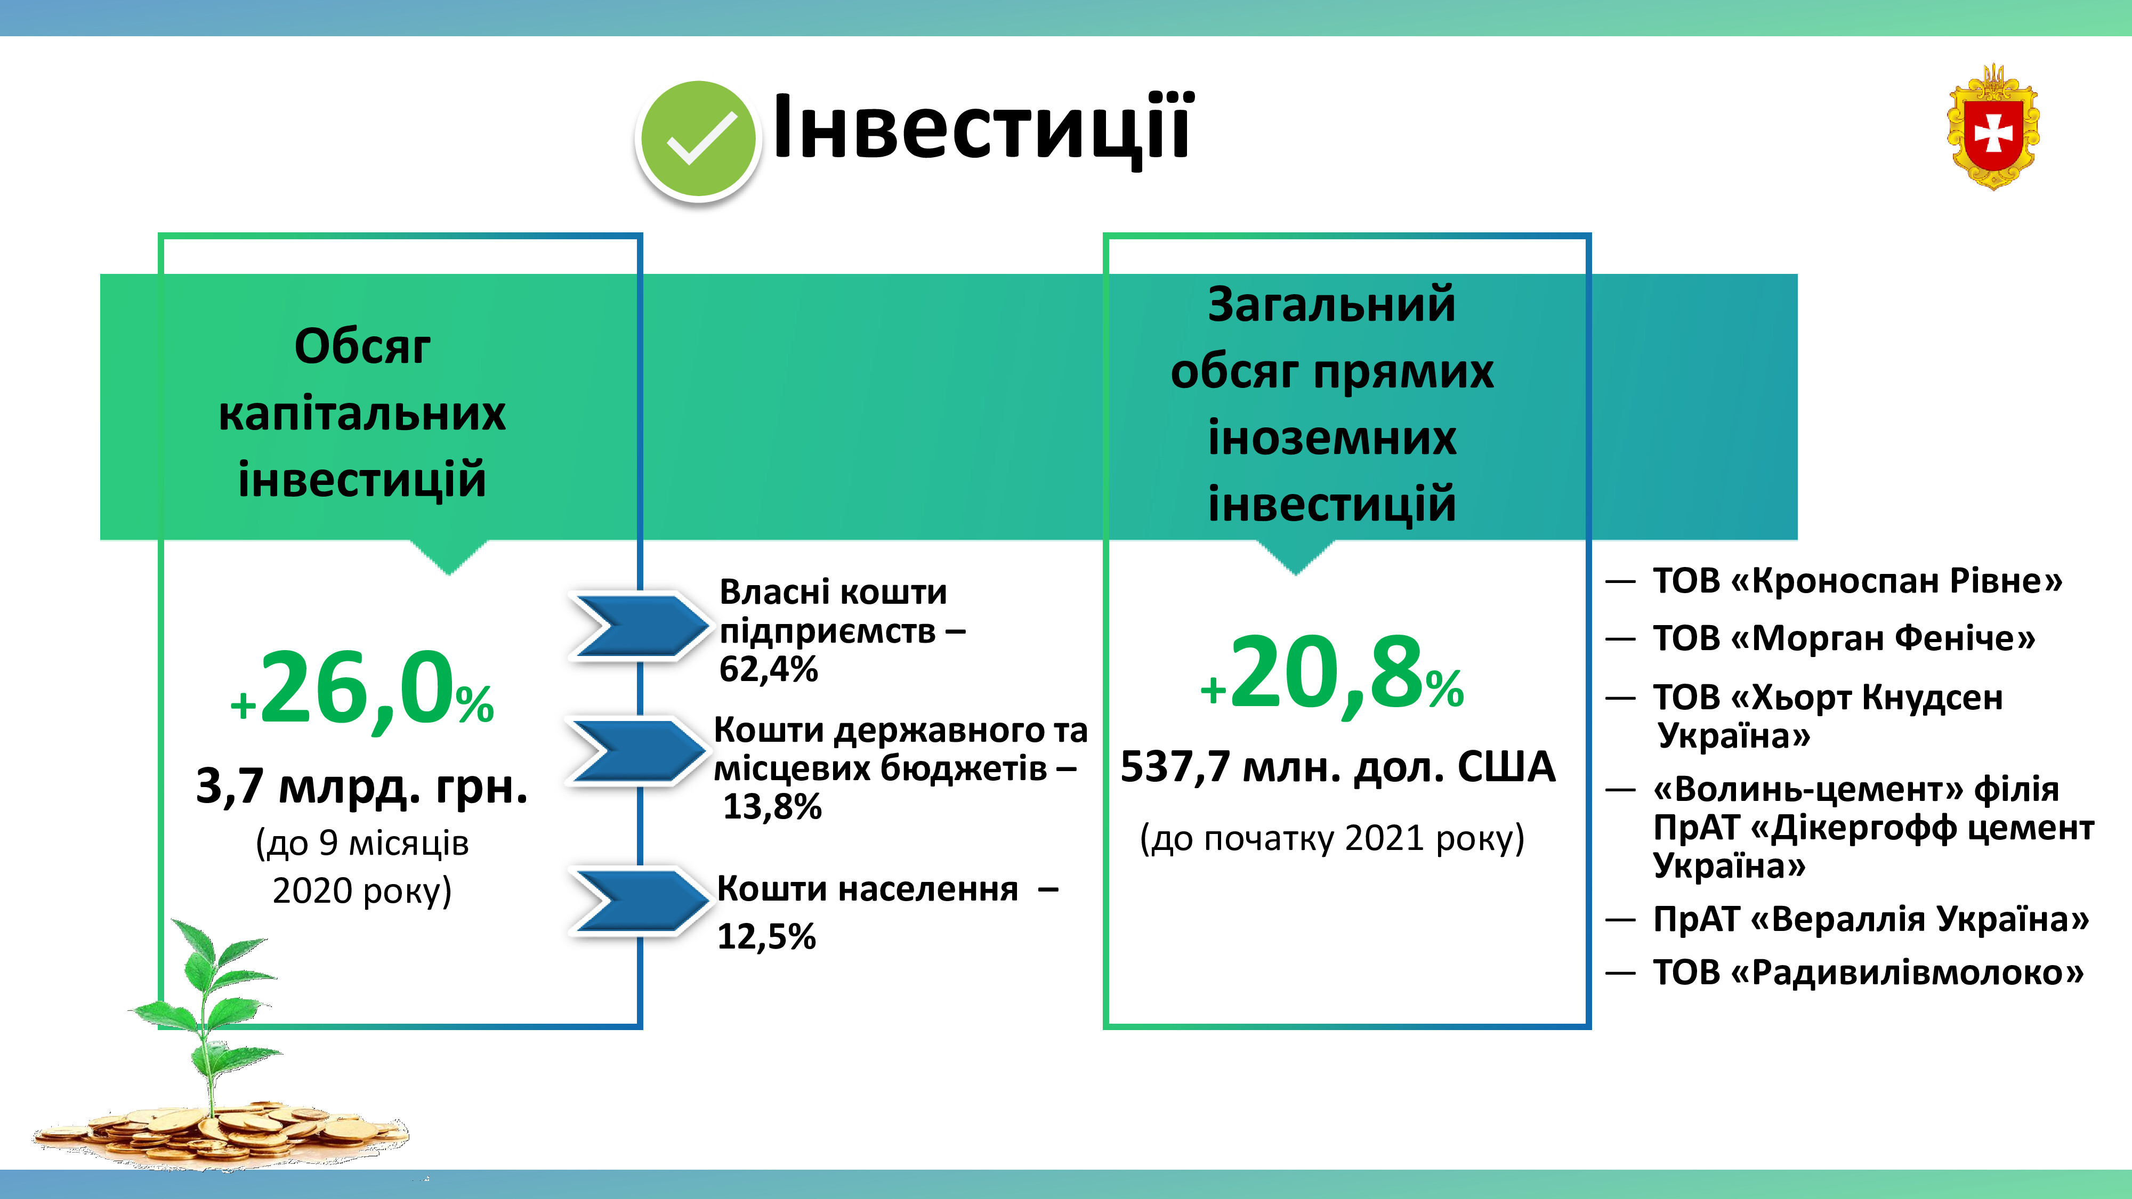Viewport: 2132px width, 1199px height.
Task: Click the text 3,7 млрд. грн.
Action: [x=362, y=786]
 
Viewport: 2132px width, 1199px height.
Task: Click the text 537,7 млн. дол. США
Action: [x=1337, y=766]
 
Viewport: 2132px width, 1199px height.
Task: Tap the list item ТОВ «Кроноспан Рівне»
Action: [x=1857, y=581]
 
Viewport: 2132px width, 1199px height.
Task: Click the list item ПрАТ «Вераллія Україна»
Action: [x=1870, y=919]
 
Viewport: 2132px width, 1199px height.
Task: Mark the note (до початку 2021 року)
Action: [x=1331, y=838]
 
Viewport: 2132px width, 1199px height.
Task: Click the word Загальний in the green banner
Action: [x=1331, y=304]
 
